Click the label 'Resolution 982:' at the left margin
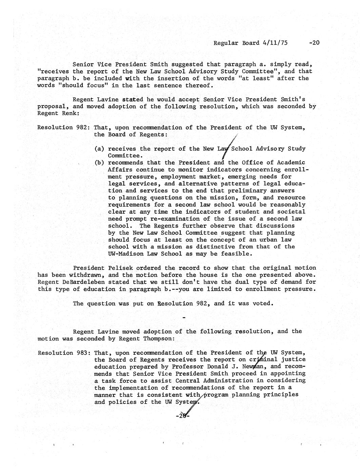coord(63,128)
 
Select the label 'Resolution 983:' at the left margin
coord(64,353)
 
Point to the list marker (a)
coord(99,149)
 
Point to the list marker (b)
coord(99,163)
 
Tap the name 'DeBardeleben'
coord(84,282)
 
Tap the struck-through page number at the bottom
coord(183,416)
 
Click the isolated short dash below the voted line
coord(184,318)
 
